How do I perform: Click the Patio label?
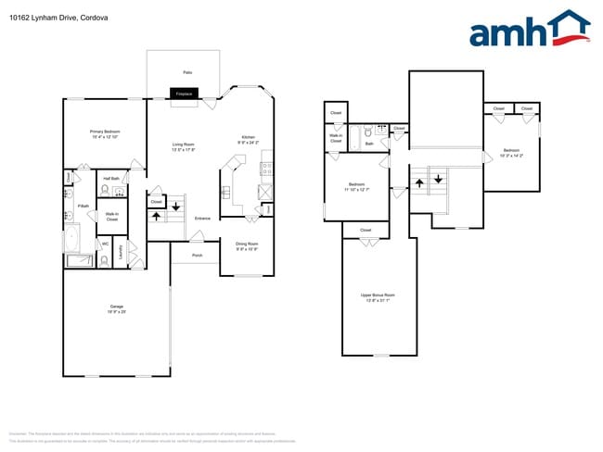(187, 72)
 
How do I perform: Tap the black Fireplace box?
(184, 93)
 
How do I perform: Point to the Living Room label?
(183, 146)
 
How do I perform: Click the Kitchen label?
(248, 139)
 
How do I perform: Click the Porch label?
(197, 255)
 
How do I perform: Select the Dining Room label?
(246, 246)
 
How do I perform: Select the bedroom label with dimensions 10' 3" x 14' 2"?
(511, 153)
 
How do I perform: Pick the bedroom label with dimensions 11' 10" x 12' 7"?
(356, 186)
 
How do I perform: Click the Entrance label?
(202, 219)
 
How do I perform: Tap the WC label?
(106, 244)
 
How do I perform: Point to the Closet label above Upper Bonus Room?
(366, 230)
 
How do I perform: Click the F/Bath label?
(71, 206)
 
